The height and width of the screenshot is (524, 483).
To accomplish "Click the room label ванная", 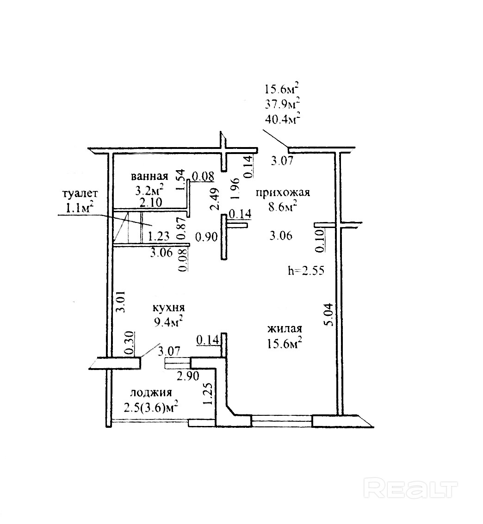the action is [x=149, y=177].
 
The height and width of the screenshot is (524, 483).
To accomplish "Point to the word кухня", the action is [x=169, y=308].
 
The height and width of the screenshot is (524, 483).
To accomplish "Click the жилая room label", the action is [x=284, y=329].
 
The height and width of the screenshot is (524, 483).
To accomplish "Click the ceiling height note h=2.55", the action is [x=305, y=271].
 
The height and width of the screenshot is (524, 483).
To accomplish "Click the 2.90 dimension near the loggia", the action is [x=189, y=376].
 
